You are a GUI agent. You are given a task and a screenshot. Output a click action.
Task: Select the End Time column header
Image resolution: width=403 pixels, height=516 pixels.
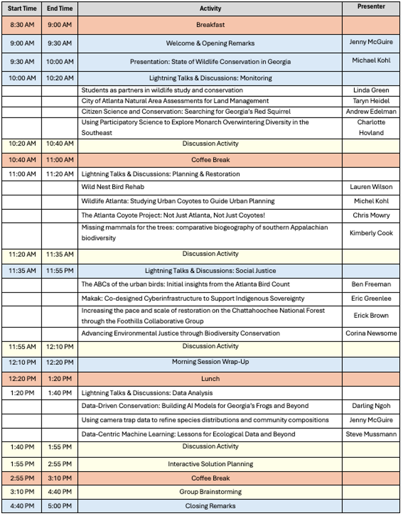pos(59,8)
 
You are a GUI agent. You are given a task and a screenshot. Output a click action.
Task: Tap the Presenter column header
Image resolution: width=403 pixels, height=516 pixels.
pos(371,7)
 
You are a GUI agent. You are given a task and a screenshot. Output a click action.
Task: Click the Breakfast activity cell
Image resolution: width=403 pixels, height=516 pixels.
pos(210,25)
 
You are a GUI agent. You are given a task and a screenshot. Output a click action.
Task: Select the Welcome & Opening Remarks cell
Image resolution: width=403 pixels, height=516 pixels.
pos(210,43)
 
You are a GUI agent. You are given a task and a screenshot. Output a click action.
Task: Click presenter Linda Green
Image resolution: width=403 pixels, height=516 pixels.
pos(371,90)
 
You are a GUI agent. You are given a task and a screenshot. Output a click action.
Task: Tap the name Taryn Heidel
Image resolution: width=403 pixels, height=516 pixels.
pos(371,101)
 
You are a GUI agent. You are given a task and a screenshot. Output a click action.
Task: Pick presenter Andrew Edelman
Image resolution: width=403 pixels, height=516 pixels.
pos(371,111)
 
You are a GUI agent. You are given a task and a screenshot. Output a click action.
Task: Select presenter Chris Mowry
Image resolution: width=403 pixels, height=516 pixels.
pos(371,215)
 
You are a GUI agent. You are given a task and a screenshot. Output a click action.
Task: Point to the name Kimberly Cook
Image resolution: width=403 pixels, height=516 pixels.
pos(371,233)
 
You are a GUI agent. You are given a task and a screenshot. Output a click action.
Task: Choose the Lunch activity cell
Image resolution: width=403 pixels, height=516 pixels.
pos(210,379)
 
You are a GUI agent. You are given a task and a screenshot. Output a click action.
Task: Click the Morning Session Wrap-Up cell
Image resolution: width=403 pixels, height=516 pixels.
pos(210,362)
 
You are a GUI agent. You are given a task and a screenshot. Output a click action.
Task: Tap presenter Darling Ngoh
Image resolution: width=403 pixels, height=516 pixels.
pos(371,406)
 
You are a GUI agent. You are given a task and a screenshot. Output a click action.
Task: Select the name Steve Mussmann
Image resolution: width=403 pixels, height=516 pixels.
pos(371,434)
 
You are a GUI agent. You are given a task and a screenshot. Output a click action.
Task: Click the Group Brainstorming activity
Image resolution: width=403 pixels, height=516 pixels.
pos(210,492)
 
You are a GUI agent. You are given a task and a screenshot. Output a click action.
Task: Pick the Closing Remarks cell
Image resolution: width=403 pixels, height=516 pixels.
pos(210,506)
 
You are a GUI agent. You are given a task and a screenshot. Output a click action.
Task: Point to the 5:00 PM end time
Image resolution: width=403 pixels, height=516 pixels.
pos(59,506)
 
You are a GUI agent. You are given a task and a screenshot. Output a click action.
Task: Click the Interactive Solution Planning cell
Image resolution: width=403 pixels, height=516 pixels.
pos(210,464)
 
